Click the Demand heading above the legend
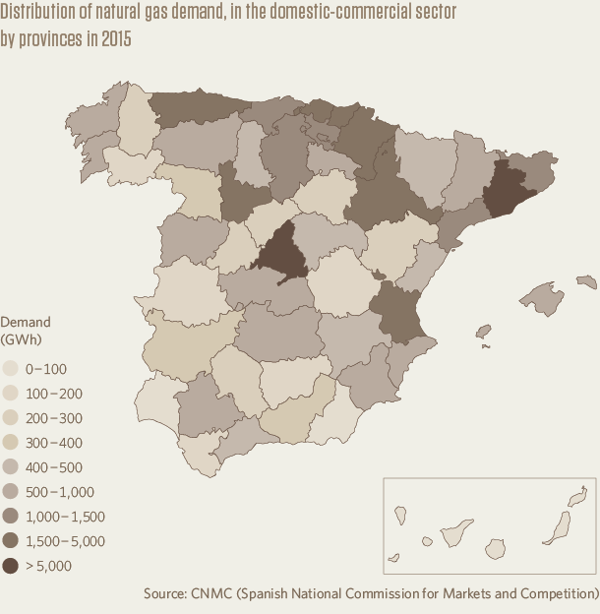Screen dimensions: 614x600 click(26, 322)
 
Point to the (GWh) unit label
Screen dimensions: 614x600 click(22, 340)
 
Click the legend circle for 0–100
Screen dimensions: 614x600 click(12, 369)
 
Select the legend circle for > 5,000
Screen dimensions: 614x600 click(12, 566)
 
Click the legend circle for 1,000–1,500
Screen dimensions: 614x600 click(12, 517)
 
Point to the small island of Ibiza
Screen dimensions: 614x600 click(482, 333)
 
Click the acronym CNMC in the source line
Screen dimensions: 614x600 click(208, 594)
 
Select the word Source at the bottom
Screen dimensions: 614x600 click(163, 594)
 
